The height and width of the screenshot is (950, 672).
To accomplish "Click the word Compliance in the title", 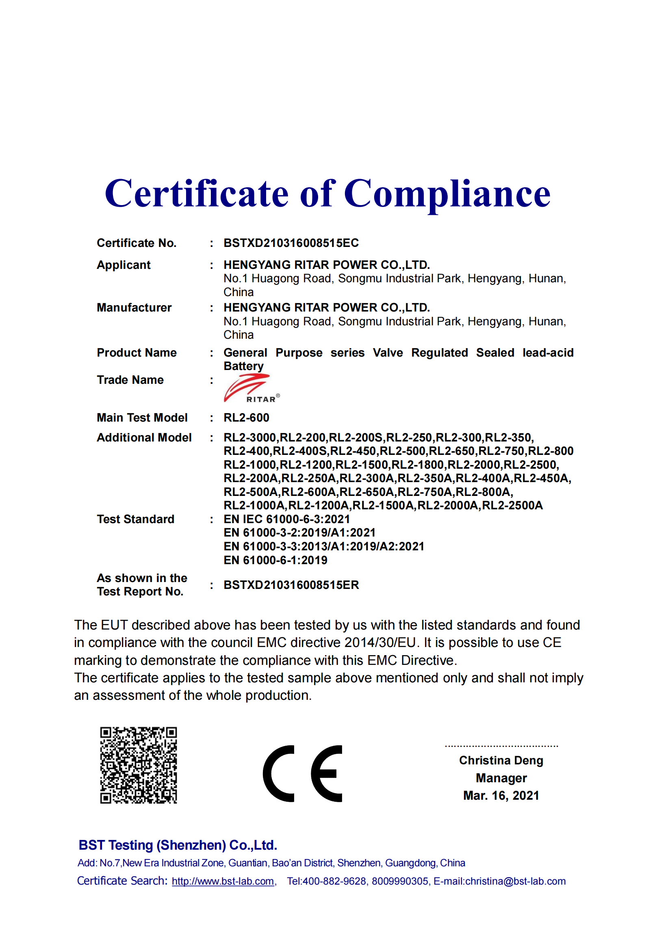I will [447, 194].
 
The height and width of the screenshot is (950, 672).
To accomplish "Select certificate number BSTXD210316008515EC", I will [291, 243].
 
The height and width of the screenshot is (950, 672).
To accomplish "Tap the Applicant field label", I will [124, 265].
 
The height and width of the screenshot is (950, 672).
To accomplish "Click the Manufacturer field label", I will [134, 307].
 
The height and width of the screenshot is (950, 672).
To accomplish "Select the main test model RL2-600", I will [246, 418].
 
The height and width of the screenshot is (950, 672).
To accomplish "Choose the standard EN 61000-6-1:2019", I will [275, 560].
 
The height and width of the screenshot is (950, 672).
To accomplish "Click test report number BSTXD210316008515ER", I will [291, 584].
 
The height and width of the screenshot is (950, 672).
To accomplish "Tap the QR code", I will [138, 765].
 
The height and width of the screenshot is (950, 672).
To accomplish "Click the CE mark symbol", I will [303, 773].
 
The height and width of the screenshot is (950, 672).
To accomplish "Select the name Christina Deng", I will [501, 760].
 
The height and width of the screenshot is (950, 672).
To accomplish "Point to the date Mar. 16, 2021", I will [501, 795].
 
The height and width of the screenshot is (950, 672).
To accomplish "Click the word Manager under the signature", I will [501, 778].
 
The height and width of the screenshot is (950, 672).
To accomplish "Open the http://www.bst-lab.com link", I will [223, 881].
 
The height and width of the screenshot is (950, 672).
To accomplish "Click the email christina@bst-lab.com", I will [515, 881].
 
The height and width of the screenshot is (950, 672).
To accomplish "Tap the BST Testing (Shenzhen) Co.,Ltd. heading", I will [178, 845].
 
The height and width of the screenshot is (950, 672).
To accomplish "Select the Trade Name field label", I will [130, 380].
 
